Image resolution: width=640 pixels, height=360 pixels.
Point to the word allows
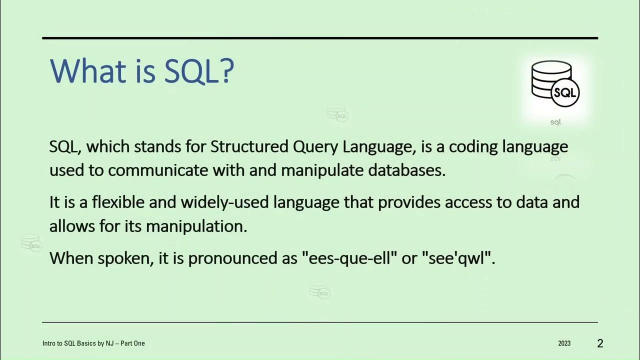point(72,226)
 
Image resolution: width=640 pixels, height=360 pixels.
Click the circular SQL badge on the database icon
point(564,92)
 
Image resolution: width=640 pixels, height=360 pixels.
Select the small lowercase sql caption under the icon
point(555,122)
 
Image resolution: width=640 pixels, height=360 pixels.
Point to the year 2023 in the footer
point(564,343)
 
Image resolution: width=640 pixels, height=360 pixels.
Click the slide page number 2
point(600,343)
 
